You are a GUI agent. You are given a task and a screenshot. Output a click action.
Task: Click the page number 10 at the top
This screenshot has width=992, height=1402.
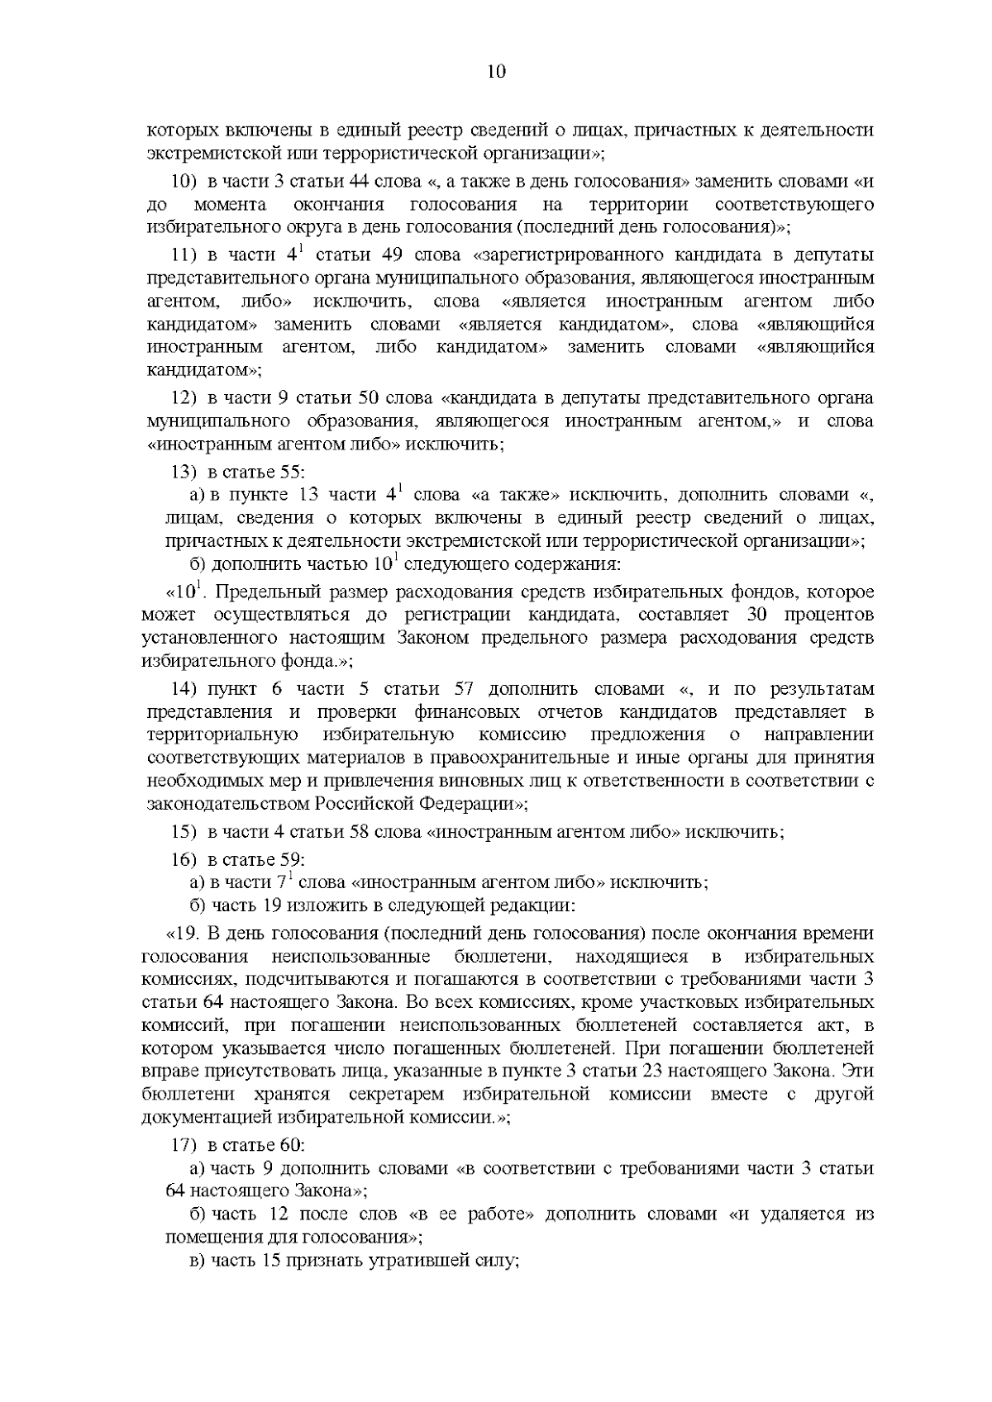pyautogui.click(x=496, y=72)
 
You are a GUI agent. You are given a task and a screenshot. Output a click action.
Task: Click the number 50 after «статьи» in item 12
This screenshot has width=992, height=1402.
pyautogui.click(x=366, y=399)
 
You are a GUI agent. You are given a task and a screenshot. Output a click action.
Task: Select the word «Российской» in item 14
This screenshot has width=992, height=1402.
pyautogui.click(x=365, y=803)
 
